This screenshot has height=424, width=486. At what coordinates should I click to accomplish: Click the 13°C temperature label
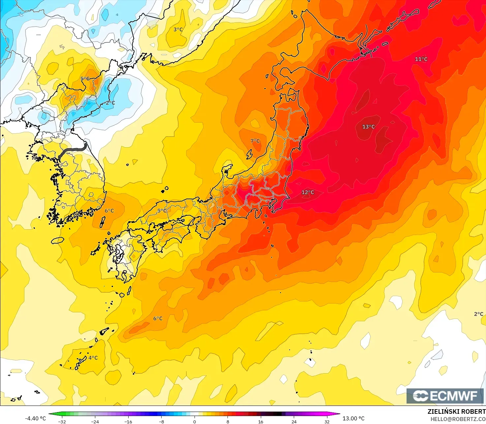pyautogui.click(x=368, y=127)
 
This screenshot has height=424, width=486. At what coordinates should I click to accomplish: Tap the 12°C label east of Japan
pyautogui.click(x=308, y=192)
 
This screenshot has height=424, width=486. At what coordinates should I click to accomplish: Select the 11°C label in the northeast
pyautogui.click(x=421, y=59)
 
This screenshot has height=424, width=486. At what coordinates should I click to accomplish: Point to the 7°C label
pyautogui.click(x=255, y=141)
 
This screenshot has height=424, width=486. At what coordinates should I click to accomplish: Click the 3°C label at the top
pyautogui.click(x=178, y=30)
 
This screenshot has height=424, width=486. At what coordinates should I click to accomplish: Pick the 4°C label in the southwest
pyautogui.click(x=93, y=358)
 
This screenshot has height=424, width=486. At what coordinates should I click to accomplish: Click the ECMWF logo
pyautogui.click(x=445, y=396)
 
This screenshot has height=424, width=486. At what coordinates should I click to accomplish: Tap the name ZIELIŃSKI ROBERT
pyautogui.click(x=456, y=411)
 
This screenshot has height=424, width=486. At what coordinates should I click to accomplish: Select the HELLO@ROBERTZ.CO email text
pyautogui.click(x=458, y=419)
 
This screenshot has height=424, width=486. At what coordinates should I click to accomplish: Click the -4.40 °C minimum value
pyautogui.click(x=36, y=418)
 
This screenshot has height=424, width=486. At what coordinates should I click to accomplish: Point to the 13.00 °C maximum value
pyautogui.click(x=353, y=418)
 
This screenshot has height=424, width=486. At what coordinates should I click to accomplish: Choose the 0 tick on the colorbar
pyautogui.click(x=195, y=422)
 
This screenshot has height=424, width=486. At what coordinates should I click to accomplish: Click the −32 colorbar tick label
pyautogui.click(x=62, y=422)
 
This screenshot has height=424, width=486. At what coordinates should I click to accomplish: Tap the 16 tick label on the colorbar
pyautogui.click(x=261, y=422)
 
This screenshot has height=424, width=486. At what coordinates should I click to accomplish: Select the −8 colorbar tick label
pyautogui.click(x=161, y=422)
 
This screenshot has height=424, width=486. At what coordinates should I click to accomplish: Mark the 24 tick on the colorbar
pyautogui.click(x=294, y=422)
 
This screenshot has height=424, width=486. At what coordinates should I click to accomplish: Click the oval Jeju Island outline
pyautogui.click(x=57, y=240)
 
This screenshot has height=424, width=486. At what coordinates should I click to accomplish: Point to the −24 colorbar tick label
pyautogui.click(x=95, y=422)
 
